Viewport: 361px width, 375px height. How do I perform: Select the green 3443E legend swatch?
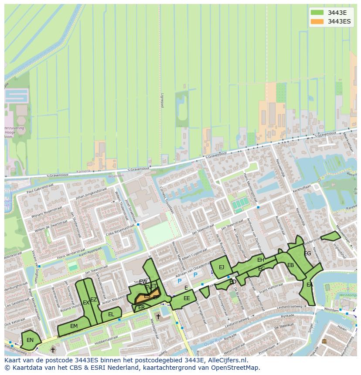click(317, 12)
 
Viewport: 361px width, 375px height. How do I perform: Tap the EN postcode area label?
click(30, 340)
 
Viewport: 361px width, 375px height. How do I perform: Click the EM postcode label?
click(74, 326)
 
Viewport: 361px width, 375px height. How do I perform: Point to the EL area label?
click(111, 314)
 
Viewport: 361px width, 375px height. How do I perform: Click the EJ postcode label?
click(221, 267)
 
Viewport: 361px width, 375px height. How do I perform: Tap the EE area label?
click(187, 298)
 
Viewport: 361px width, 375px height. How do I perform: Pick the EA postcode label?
click(310, 285)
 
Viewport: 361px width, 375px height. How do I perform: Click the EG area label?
click(307, 253)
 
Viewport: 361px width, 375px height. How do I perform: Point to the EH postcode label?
click(261, 260)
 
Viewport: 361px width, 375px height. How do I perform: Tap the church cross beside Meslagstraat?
click(158, 316)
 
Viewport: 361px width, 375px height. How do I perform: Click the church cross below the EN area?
click(53, 349)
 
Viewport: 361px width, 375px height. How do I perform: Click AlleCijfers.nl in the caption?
click(227, 361)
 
